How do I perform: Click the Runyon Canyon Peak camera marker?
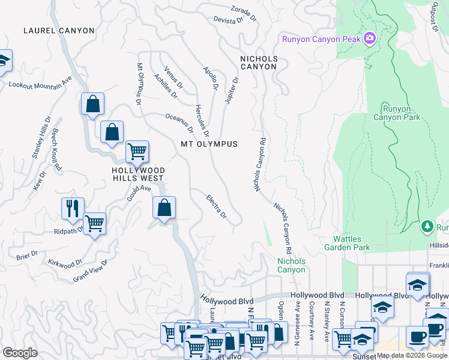[369, 39]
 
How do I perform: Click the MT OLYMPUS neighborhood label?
[209, 144]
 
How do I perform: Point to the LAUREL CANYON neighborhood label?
[59, 31]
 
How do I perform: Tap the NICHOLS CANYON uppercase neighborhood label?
[259, 62]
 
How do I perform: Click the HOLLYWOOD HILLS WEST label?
[138, 174]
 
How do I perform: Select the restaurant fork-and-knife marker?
[73, 208]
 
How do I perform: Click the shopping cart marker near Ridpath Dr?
[94, 223]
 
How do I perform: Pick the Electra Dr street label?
[216, 206]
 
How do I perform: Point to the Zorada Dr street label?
[244, 13]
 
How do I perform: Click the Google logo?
[20, 353]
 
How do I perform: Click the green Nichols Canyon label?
[291, 265]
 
